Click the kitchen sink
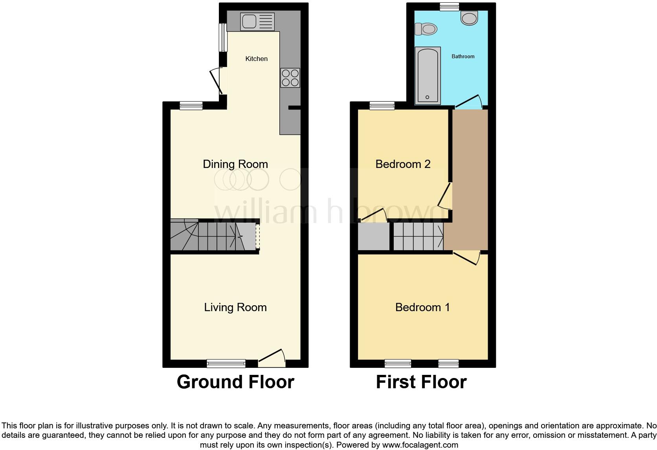coord(258,22)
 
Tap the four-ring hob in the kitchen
coord(290,77)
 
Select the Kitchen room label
coord(256,59)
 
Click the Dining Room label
coord(235,164)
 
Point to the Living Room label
coord(235,307)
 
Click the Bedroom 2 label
coord(403,164)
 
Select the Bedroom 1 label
coord(422,307)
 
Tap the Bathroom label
coord(462,57)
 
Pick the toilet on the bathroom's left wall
coord(426,29)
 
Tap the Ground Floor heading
coord(235,382)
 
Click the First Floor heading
coord(421,382)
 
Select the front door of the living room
coord(272,358)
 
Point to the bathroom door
coord(468,101)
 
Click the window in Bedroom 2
coord(382,105)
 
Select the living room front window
coord(226,363)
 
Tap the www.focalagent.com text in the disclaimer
coord(420,445)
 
